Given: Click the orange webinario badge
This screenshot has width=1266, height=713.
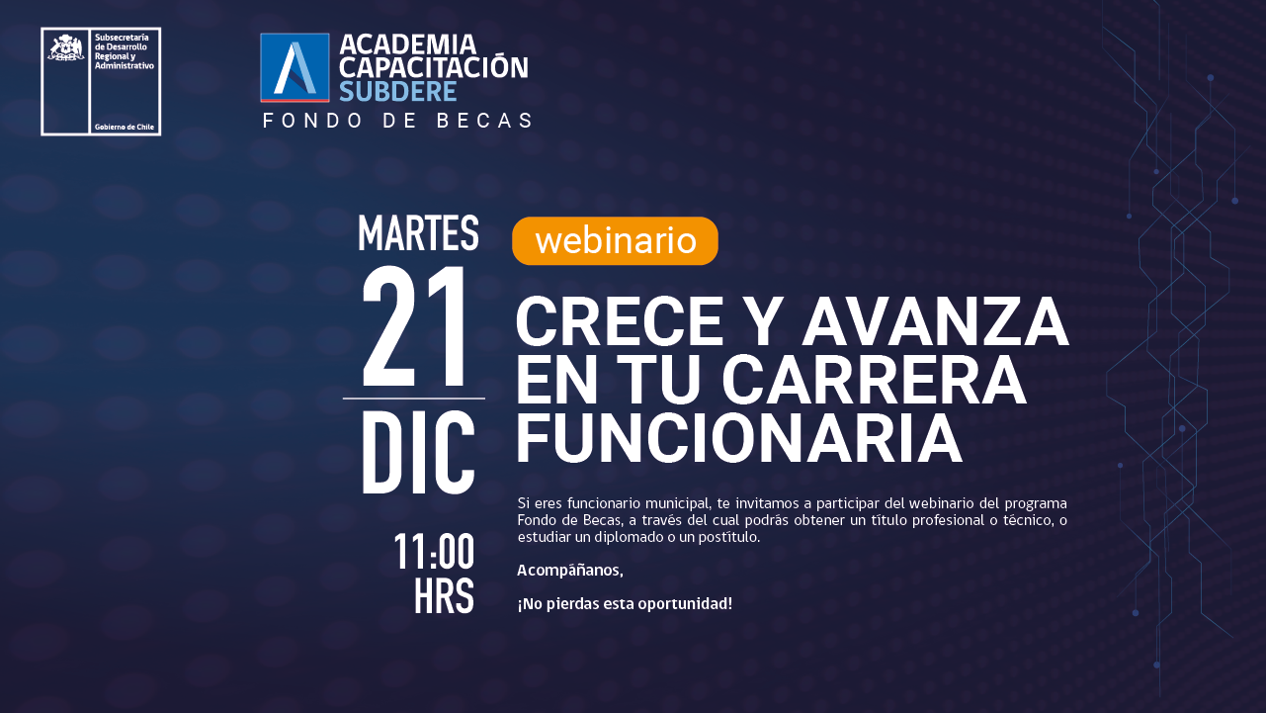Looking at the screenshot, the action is coord(615,241).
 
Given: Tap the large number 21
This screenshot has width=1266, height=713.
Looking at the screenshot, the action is coord(415,326).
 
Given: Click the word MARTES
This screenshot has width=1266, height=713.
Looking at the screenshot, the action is coord(418,233).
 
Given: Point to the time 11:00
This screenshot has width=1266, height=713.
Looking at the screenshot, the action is coord(434,551).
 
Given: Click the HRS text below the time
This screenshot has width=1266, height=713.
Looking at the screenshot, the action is coord(444,596).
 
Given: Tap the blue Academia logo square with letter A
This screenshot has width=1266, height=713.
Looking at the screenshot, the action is coord(295,68).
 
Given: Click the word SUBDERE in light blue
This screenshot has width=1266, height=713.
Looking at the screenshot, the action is coord(398,92).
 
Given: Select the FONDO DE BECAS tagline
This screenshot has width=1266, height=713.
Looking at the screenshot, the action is coord(398,121).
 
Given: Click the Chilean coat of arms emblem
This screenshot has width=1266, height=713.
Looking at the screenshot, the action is coord(66,46).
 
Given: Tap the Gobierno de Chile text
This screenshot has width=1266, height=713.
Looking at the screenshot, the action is coord(125,127).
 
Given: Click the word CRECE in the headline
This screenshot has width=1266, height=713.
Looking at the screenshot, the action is coord(620,322).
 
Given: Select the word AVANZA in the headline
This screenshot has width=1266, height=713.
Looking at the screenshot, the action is coord(935,322).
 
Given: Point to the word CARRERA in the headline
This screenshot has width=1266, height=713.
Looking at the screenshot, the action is coord(874,380).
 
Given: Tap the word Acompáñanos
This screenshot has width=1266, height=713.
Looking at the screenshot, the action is coord(570,570).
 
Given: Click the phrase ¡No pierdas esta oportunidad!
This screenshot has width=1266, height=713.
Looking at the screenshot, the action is coord(625,604).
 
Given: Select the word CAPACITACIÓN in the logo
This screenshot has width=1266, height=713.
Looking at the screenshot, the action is coord(434,67).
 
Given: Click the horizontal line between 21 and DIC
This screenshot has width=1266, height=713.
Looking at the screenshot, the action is coord(414,399).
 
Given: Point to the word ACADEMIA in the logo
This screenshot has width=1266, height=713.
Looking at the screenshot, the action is coord(408,45).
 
